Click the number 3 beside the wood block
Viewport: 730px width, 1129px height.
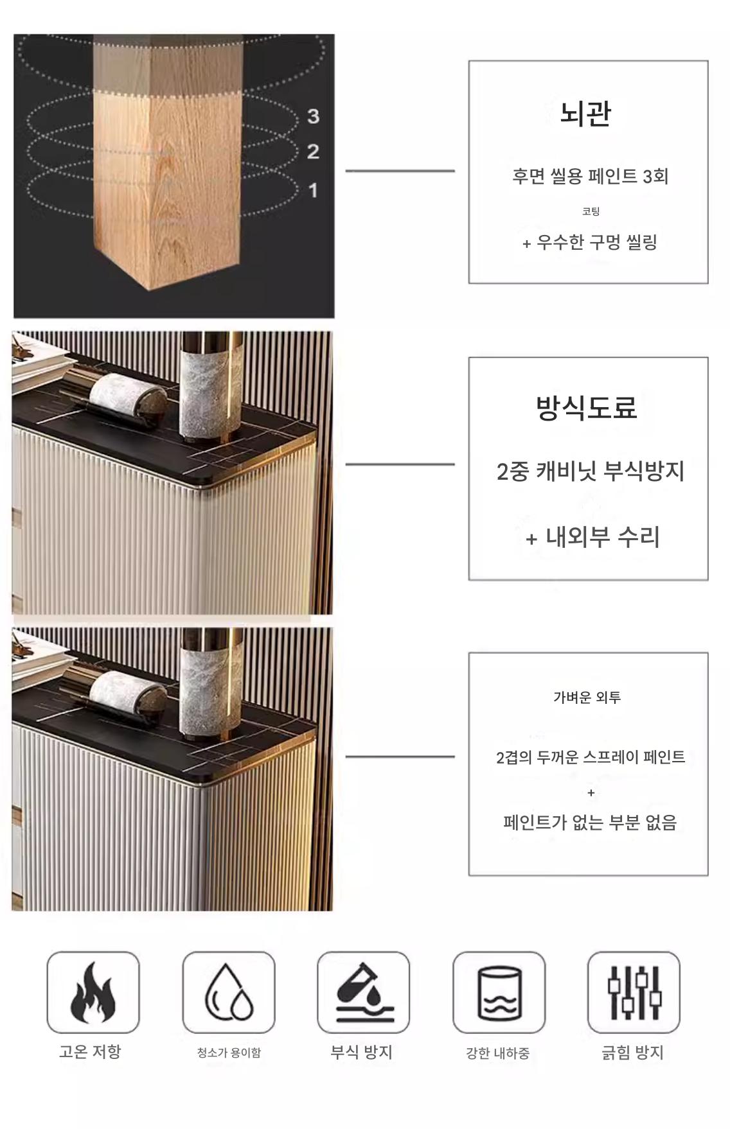click(313, 116)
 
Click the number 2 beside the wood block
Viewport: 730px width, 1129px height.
click(313, 152)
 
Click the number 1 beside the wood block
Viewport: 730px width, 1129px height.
click(314, 190)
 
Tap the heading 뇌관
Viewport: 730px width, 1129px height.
click(585, 114)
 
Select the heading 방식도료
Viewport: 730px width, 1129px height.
click(587, 407)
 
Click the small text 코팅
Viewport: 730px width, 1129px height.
click(591, 211)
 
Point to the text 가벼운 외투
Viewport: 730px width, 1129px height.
click(587, 697)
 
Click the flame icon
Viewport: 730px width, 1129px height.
click(93, 992)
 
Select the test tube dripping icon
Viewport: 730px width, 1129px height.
click(364, 992)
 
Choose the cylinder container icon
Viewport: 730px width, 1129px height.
click(499, 992)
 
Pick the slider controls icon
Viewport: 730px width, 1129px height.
click(634, 992)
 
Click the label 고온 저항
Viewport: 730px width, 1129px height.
click(90, 1052)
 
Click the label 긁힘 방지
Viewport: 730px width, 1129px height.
click(632, 1053)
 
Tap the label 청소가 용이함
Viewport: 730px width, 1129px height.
click(229, 1053)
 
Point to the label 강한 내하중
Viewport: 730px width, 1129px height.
click(498, 1053)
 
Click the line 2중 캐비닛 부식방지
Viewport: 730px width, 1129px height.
click(591, 471)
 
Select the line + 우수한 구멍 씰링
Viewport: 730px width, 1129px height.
click(590, 242)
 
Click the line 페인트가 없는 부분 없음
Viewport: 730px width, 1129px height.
click(590, 822)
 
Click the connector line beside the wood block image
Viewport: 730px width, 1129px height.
click(400, 171)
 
